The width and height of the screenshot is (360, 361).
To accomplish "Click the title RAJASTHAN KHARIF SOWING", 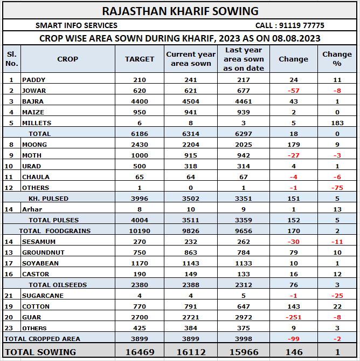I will pyautogui.click(x=180, y=11).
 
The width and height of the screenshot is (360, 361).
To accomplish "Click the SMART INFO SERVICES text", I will pyautogui.click(x=77, y=25).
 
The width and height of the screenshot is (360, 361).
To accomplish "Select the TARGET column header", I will pyautogui.click(x=140, y=59).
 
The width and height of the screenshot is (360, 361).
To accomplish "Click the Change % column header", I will pyautogui.click(x=337, y=59).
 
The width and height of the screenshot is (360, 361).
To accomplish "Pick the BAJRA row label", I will pyautogui.click(x=33, y=101).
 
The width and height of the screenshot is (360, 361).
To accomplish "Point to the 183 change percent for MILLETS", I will pyautogui.click(x=337, y=123).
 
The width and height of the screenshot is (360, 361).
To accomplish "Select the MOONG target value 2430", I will pyautogui.click(x=140, y=145).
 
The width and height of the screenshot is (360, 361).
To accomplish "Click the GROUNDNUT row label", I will pyautogui.click(x=43, y=253).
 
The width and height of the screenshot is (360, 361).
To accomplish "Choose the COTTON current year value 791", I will pyautogui.click(x=191, y=306).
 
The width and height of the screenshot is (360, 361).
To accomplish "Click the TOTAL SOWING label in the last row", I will pyautogui.click(x=40, y=352).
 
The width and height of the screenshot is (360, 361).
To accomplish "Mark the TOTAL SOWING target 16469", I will pyautogui.click(x=140, y=352).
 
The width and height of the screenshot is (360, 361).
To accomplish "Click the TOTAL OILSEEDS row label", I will pyautogui.click(x=58, y=285).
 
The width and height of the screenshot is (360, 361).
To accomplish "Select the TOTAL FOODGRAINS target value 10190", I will pyautogui.click(x=140, y=231).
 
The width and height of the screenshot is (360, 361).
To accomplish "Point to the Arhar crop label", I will pyautogui.click(x=32, y=209).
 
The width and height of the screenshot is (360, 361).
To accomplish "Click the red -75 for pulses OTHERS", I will pyautogui.click(x=337, y=188).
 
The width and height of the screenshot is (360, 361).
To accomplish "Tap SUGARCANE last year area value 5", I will pyautogui.click(x=244, y=296).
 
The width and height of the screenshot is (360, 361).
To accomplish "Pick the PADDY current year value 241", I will pyautogui.click(x=191, y=80).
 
